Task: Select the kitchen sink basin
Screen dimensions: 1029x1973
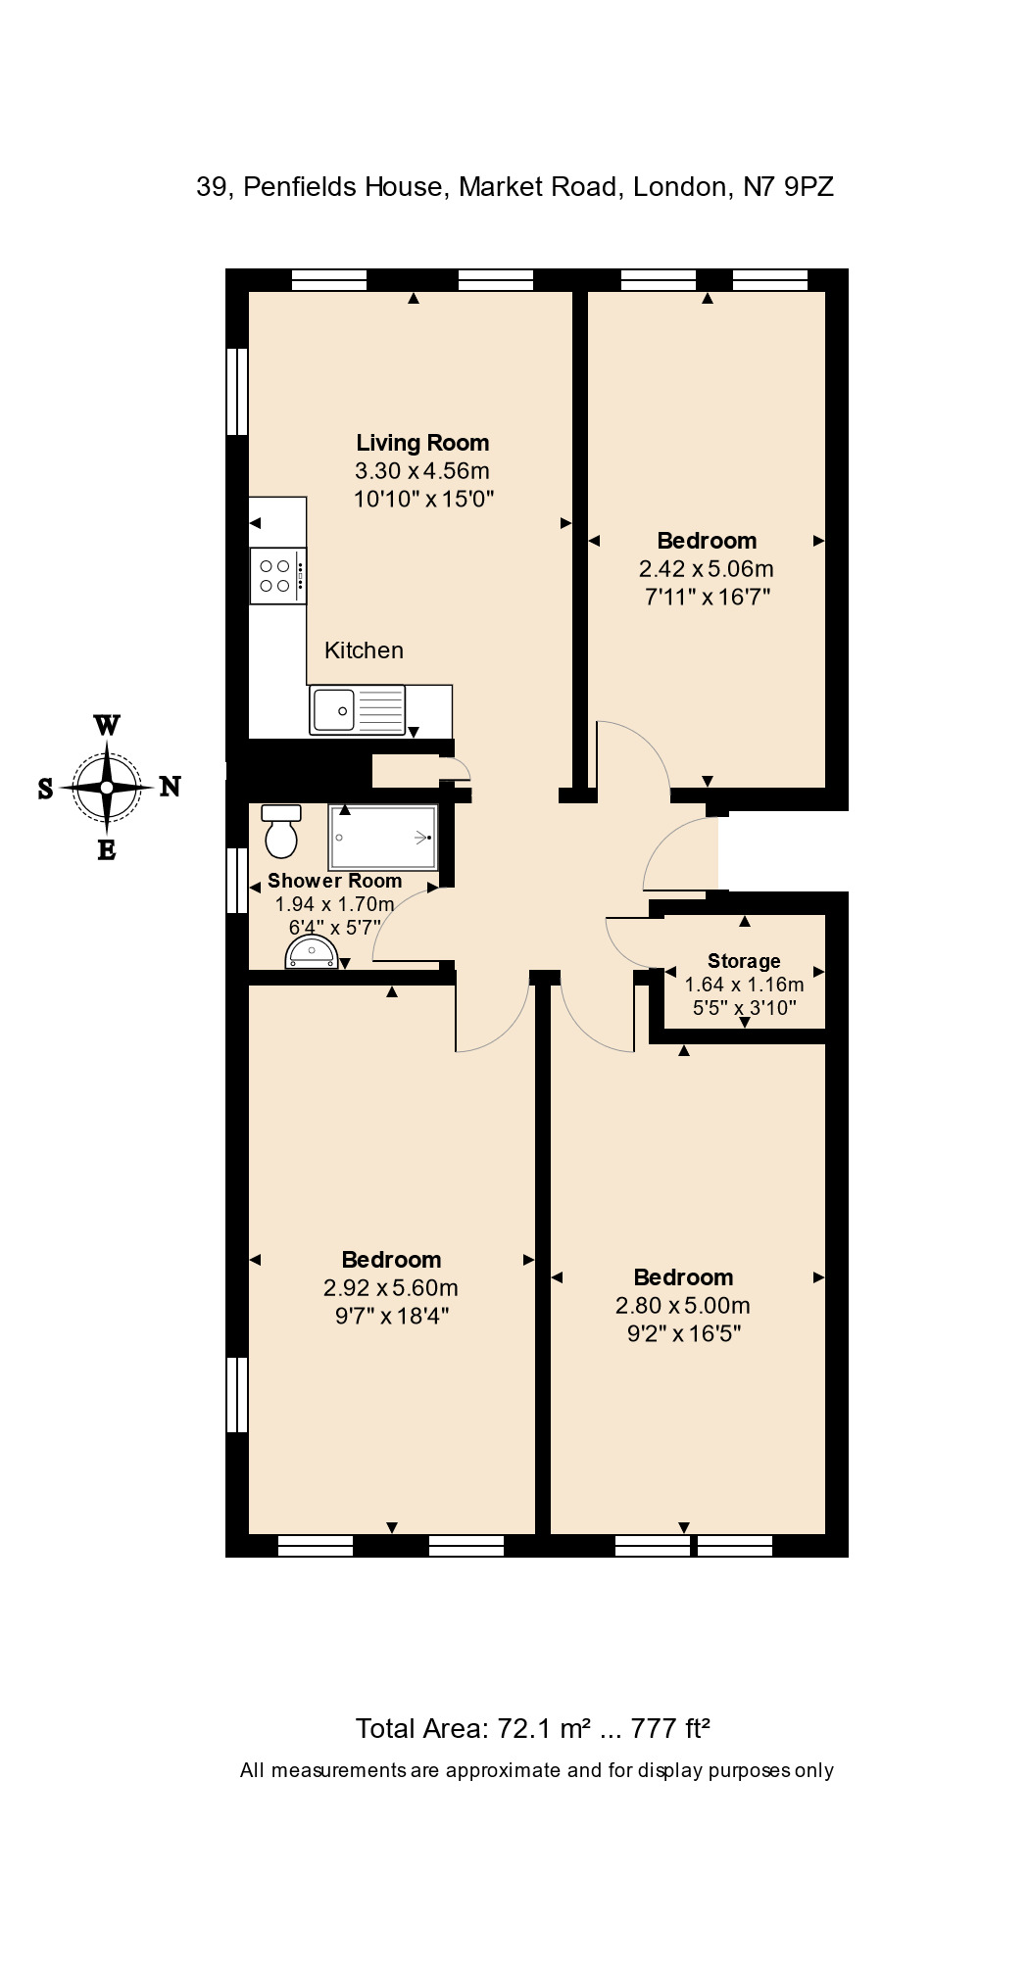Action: [333, 709]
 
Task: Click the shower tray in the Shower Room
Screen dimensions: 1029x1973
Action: [383, 838]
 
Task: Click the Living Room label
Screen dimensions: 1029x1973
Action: [422, 443]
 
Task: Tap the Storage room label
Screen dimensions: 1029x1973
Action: [744, 961]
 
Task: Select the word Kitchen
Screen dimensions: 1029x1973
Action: [364, 650]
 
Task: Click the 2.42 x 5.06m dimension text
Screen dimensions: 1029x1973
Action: [707, 568]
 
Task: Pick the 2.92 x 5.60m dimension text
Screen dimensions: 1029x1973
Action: [391, 1287]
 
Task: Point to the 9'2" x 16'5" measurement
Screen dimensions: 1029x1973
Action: [684, 1333]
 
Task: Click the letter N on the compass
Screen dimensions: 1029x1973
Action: [170, 786]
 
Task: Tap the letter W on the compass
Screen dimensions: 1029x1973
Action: [107, 726]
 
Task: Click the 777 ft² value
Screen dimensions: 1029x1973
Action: [670, 1728]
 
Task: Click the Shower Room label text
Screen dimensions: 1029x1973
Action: [335, 880]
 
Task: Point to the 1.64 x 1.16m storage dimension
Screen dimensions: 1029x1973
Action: [745, 985]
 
